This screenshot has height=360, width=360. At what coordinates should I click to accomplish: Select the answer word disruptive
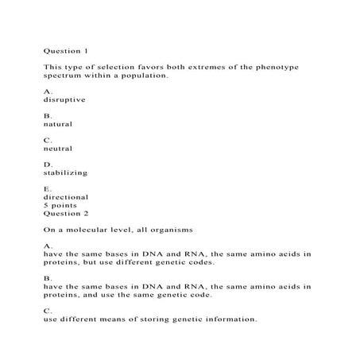click(x=63, y=100)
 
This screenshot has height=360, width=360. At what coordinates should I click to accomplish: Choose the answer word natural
click(x=58, y=125)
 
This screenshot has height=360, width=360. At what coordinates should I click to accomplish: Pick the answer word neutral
click(x=58, y=149)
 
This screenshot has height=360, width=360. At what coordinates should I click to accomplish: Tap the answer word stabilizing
click(x=65, y=172)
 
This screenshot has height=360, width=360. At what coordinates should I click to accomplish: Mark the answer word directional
click(x=66, y=196)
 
